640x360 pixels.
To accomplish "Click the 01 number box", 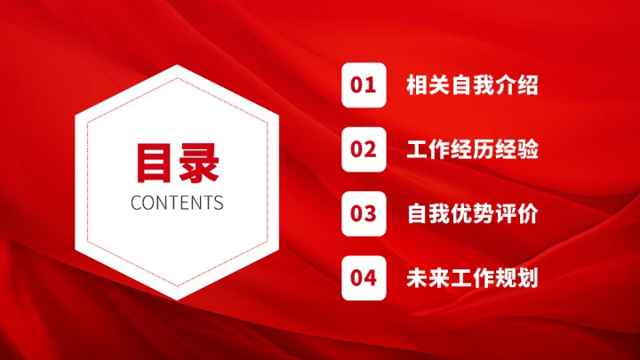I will (x=364, y=85).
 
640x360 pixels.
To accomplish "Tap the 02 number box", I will (x=364, y=149).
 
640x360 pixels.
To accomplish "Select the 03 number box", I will (x=364, y=213).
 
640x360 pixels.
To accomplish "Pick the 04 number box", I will (x=364, y=278).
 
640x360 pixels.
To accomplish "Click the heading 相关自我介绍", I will (x=472, y=85).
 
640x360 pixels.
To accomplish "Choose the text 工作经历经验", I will (x=472, y=149).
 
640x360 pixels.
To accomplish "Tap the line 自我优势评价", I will (x=472, y=214).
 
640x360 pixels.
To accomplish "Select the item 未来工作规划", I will (x=472, y=278).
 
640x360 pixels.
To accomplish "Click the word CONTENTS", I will (x=177, y=203).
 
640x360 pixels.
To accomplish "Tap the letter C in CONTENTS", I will (x=136, y=203).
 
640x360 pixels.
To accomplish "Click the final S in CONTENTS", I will (x=218, y=203).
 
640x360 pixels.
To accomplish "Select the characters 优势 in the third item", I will (x=472, y=214).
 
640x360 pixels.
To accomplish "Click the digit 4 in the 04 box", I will (x=371, y=278).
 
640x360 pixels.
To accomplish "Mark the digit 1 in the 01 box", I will (x=371, y=85).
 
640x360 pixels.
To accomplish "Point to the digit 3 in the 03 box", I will (x=371, y=213).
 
